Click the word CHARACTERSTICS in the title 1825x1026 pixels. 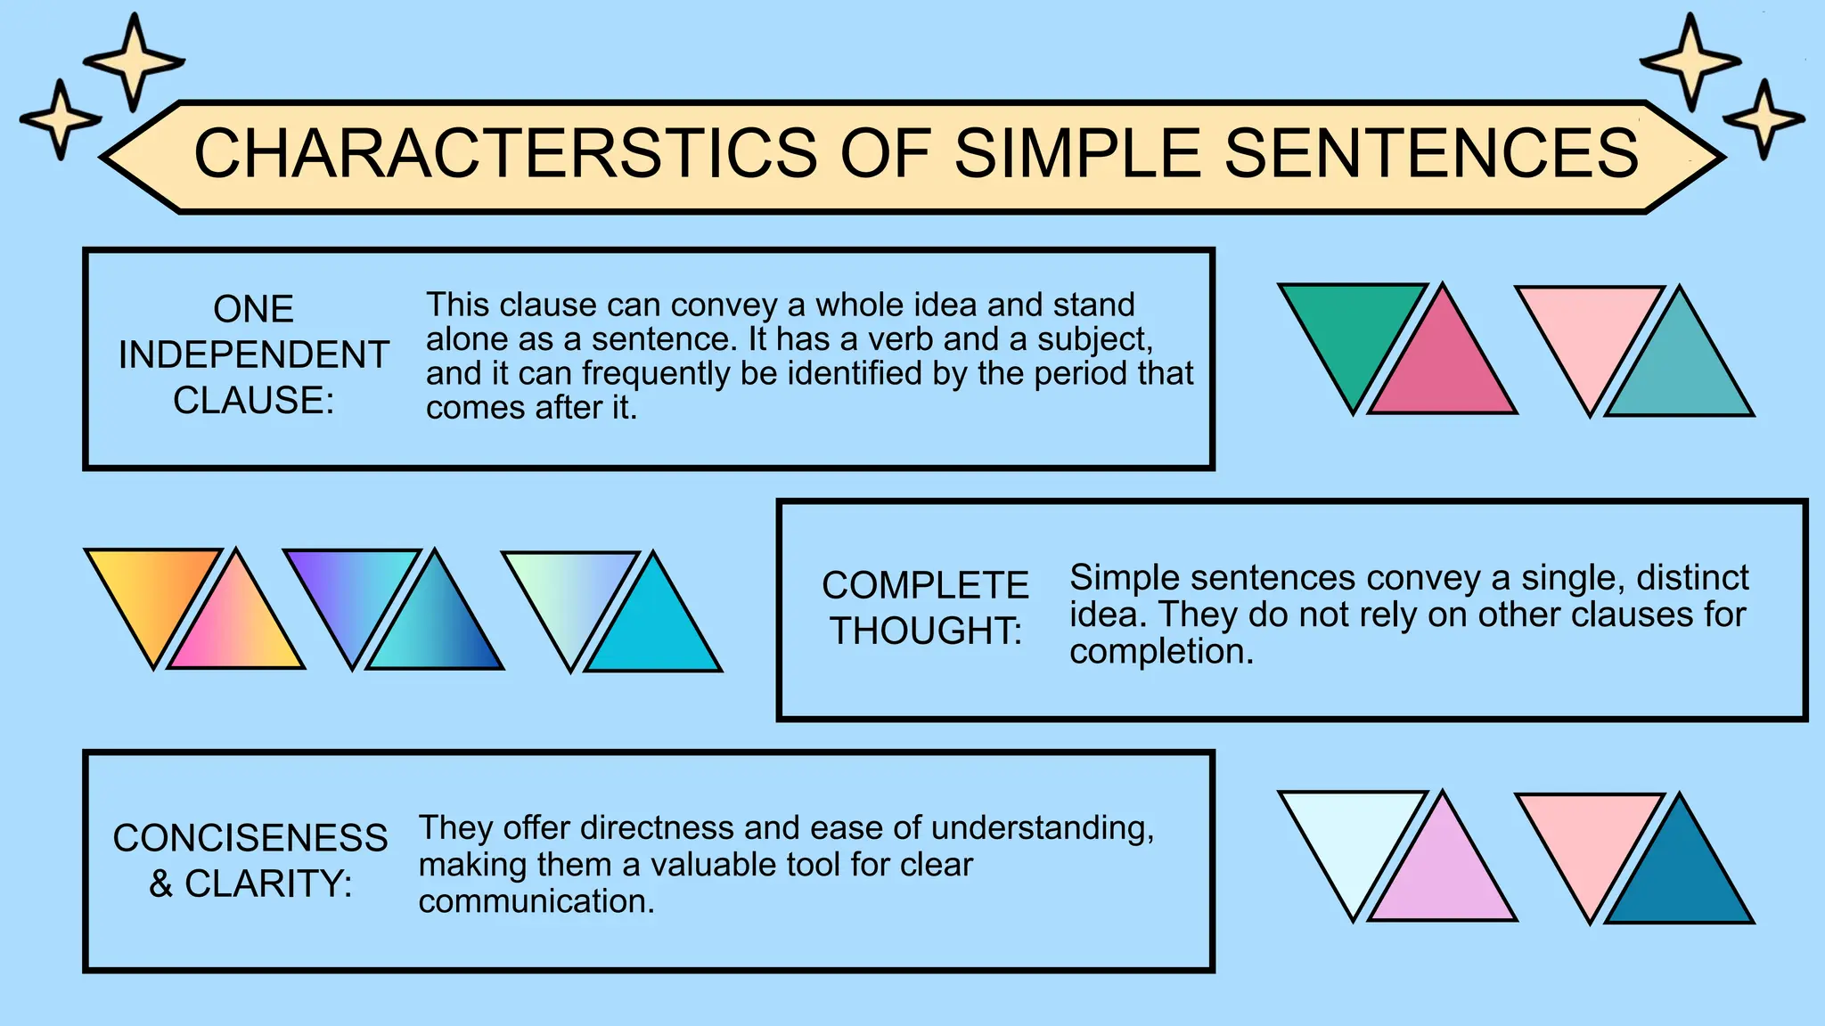coord(505,153)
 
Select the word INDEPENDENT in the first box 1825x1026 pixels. coord(254,355)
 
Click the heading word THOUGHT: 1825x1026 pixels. coord(926,631)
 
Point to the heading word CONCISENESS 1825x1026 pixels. coord(250,838)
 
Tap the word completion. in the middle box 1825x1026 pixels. coord(1161,652)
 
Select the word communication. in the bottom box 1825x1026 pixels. coord(536,902)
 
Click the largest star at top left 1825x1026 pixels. coord(134,62)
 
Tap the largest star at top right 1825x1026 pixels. coord(1690,62)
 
